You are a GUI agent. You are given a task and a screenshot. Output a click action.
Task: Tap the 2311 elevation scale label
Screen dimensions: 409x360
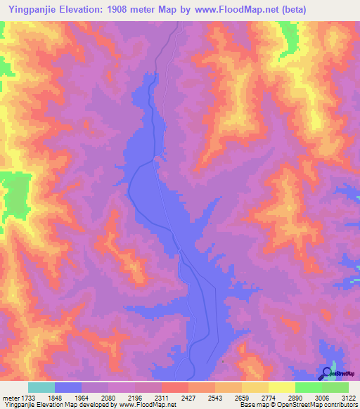pyautogui.click(x=173, y=398)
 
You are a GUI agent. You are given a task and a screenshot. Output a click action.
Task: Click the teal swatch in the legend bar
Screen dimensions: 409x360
pyautogui.click(x=41, y=387)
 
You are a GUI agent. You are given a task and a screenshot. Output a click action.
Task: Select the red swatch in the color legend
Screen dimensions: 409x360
pyautogui.click(x=174, y=387)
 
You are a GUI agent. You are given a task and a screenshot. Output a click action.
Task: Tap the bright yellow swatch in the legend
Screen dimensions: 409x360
pyautogui.click(x=282, y=387)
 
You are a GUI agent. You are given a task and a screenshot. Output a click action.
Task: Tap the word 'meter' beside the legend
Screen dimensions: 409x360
pyautogui.click(x=11, y=398)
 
